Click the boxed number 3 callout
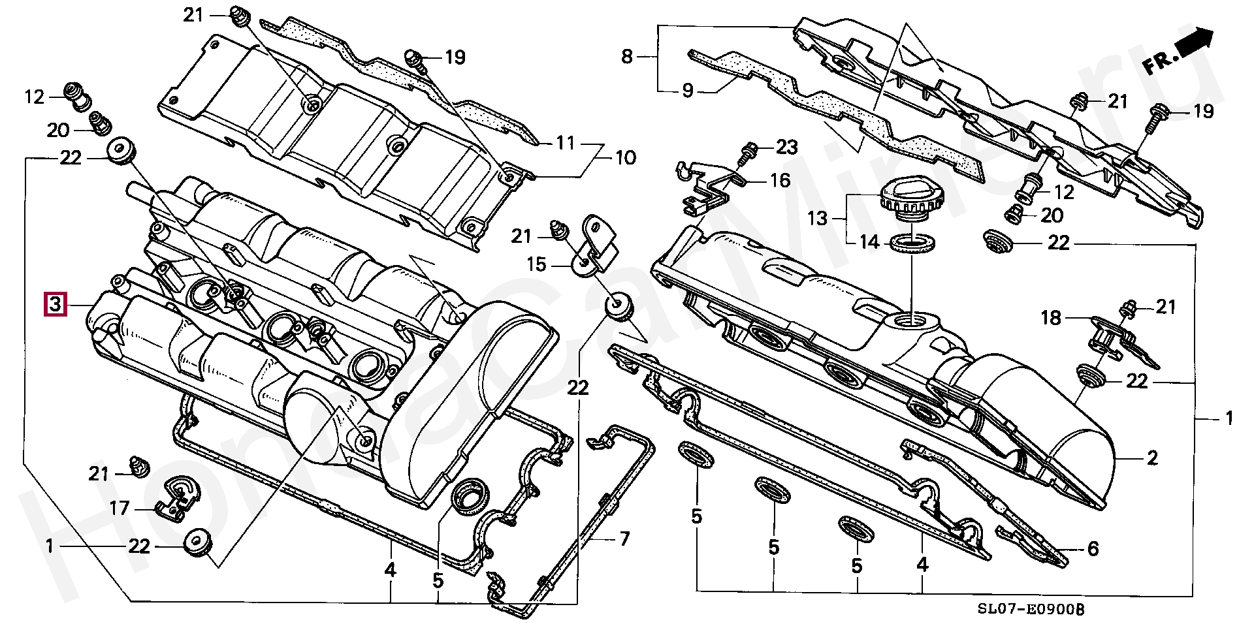[55, 304]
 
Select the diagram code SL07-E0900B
[1031, 609]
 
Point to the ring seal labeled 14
[912, 243]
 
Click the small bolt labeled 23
[747, 153]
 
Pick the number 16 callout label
[780, 180]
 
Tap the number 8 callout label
[627, 57]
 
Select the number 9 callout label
[687, 91]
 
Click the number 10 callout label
[625, 158]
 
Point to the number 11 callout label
[565, 143]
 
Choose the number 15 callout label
[536, 264]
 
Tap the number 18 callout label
[1051, 318]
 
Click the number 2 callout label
[1152, 458]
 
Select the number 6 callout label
[1093, 549]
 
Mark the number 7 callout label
[624, 539]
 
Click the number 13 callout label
[817, 218]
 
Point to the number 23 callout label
[786, 148]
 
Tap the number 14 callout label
[869, 242]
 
